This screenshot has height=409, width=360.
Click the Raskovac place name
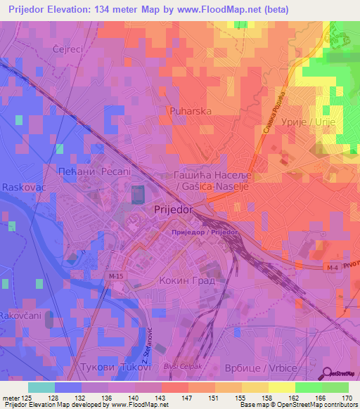23,188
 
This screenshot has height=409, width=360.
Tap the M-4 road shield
333,268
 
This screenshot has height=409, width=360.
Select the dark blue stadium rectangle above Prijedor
137,193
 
